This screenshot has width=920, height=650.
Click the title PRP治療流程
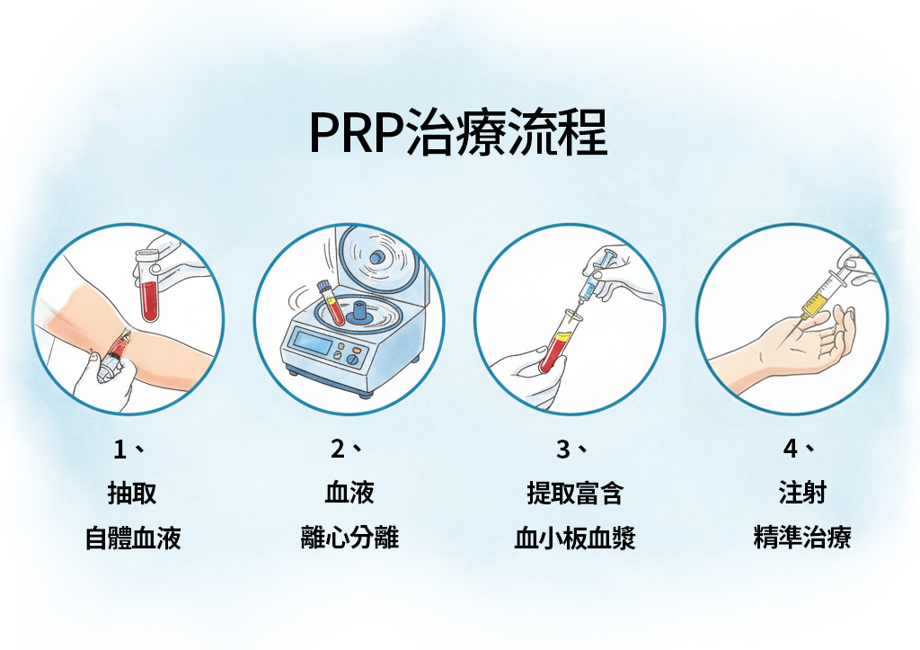click(x=458, y=132)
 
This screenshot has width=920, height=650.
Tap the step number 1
click(x=119, y=450)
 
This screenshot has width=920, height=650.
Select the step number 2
click(x=338, y=450)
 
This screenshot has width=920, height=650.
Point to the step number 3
click(x=562, y=450)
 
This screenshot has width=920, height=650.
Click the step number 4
click(x=791, y=450)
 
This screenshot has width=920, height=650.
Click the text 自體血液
click(x=133, y=538)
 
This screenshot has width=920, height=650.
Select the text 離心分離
click(x=349, y=538)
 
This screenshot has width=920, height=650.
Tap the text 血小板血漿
click(x=575, y=538)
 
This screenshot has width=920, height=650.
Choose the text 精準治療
click(x=802, y=538)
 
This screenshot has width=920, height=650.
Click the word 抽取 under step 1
click(x=132, y=494)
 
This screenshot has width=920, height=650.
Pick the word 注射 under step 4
click(x=802, y=492)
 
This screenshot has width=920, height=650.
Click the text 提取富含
click(x=575, y=493)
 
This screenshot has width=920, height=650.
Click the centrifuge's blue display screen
click(x=314, y=342)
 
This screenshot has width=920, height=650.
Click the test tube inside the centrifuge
click(x=331, y=302)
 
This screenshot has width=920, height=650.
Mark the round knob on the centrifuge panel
click(x=353, y=360)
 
